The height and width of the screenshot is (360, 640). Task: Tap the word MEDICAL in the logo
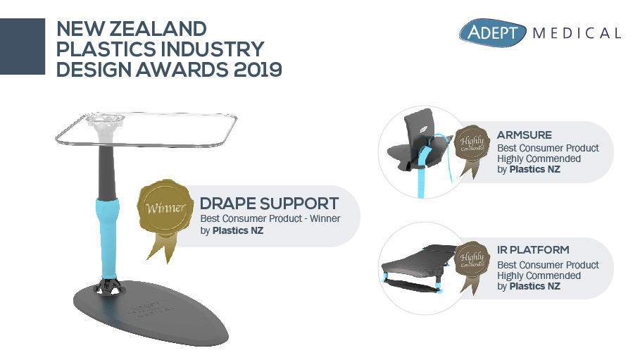pos(577,33)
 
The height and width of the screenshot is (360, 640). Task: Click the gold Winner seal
pos(165,209)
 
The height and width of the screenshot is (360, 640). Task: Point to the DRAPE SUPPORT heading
pos(270,204)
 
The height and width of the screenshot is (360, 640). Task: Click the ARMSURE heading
pos(525,135)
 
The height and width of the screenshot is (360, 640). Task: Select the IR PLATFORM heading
pos(533,250)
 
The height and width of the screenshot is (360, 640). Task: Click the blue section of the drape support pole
pos(108,232)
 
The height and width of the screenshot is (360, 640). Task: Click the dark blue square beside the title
pos(23,46)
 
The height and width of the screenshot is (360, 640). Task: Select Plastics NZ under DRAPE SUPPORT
pos(238,230)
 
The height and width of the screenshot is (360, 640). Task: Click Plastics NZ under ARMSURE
pos(534,169)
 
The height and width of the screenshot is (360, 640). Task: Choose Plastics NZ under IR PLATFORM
pos(534,287)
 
